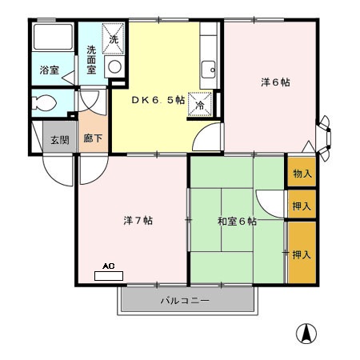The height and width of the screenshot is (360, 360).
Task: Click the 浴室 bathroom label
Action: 49,70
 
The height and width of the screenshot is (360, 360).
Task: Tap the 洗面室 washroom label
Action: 91,61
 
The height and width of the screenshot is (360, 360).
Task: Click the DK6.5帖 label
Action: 158,101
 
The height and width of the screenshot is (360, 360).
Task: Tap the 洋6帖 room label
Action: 274,82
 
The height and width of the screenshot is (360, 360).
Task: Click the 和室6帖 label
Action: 237,221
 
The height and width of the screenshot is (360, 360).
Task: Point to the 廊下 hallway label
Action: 93,139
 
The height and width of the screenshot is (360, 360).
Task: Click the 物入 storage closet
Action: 302,173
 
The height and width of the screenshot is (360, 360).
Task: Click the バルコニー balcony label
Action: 185,302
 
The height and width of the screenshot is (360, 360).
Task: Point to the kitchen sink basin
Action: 209,67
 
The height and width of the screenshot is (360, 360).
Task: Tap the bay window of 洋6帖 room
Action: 324,135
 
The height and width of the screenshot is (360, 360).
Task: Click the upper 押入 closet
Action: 302,205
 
